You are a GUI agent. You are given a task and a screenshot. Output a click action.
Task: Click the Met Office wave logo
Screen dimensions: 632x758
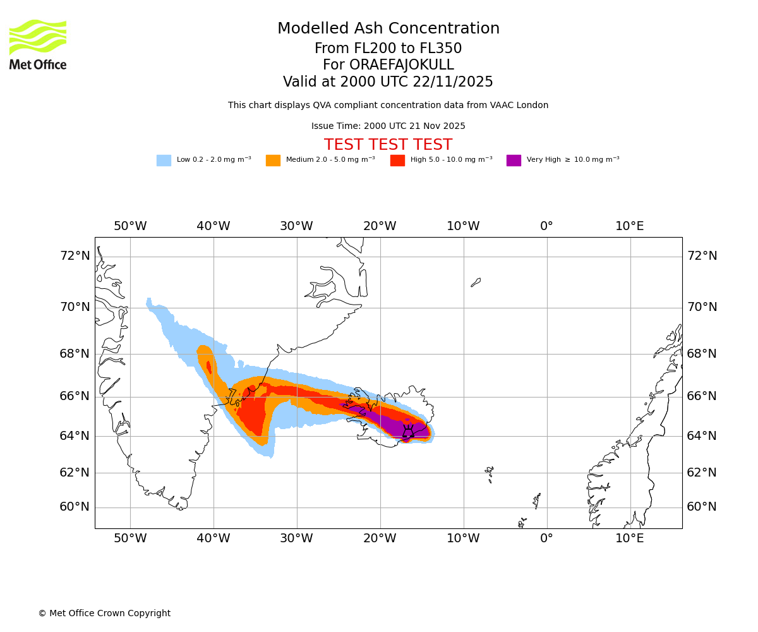click(x=38, y=37)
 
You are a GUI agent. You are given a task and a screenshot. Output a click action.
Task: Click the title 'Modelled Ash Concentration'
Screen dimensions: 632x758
click(x=388, y=28)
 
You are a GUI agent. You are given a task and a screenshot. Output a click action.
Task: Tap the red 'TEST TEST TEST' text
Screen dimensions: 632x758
click(x=388, y=145)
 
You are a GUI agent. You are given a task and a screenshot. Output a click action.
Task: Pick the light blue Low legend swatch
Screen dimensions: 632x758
click(x=164, y=160)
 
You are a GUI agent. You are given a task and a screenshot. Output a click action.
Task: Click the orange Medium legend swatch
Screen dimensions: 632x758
click(x=273, y=160)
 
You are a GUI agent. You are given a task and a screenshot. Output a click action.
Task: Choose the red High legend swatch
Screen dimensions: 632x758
click(x=397, y=160)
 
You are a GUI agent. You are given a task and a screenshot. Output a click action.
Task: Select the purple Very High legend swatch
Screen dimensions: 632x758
click(x=514, y=160)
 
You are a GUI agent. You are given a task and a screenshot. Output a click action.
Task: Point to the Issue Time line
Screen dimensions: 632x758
click(x=388, y=126)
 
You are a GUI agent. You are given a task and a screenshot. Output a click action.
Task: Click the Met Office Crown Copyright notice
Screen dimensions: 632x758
click(x=104, y=613)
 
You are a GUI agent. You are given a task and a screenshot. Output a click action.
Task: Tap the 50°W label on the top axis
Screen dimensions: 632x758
click(x=130, y=226)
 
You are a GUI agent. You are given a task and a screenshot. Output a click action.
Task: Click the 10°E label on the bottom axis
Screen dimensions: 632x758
click(x=630, y=538)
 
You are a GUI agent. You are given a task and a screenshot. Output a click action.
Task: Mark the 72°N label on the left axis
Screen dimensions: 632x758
click(x=75, y=256)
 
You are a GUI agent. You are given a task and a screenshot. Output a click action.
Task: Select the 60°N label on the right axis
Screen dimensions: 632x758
click(x=702, y=507)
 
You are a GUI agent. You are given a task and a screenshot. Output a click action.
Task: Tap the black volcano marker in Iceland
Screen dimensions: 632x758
click(x=408, y=431)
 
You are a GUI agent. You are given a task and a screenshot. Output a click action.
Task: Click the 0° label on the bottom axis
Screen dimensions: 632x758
click(x=546, y=538)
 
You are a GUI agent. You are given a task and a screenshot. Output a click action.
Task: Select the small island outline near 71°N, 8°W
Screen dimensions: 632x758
click(x=476, y=283)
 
